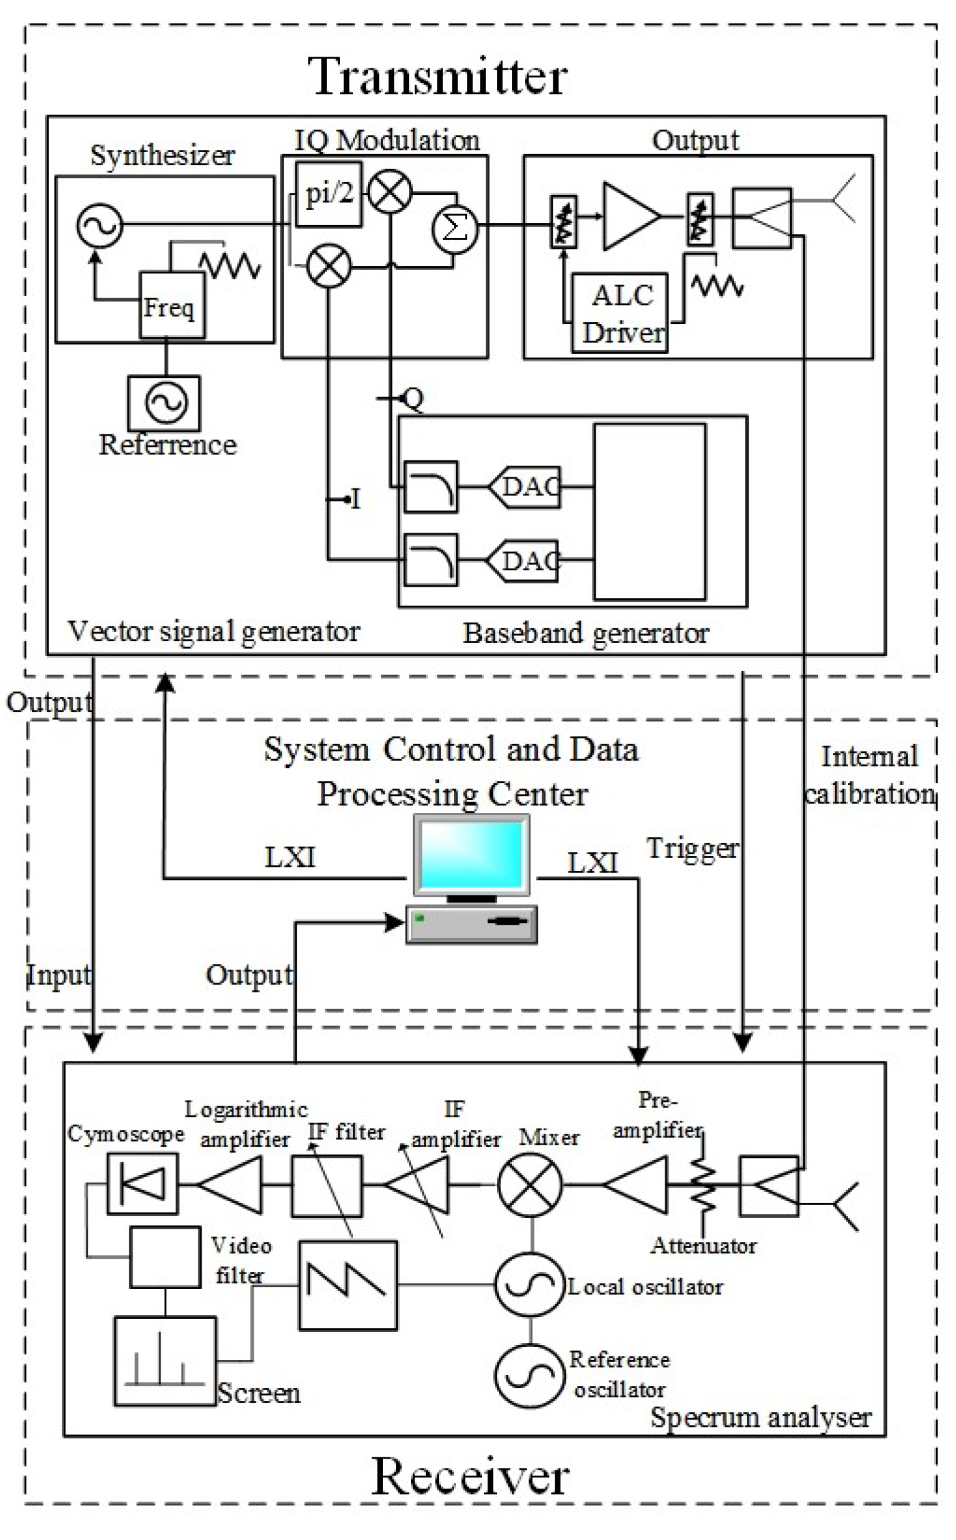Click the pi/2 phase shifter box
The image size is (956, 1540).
tap(328, 194)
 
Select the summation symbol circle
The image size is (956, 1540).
tap(455, 228)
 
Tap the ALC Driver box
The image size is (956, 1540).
tap(620, 313)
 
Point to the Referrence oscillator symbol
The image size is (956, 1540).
tap(165, 402)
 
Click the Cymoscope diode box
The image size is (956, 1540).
tap(142, 1184)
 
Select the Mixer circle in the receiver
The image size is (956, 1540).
tap(530, 1185)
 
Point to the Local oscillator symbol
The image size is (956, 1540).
tap(530, 1285)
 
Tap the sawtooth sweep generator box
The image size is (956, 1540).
tap(348, 1286)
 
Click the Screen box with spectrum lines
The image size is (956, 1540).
tap(165, 1362)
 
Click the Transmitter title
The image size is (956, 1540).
tap(438, 77)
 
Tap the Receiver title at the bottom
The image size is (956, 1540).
tap(470, 1477)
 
